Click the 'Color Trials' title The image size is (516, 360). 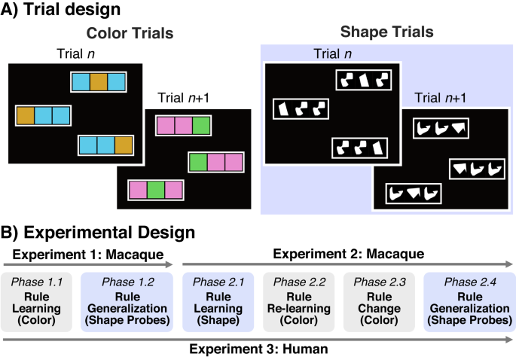tap(130, 33)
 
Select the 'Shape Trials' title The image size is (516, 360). tap(387, 32)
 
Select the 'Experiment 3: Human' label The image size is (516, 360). tap(260, 349)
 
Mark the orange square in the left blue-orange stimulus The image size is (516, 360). tap(26, 116)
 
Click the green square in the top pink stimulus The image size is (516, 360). tap(201, 125)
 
